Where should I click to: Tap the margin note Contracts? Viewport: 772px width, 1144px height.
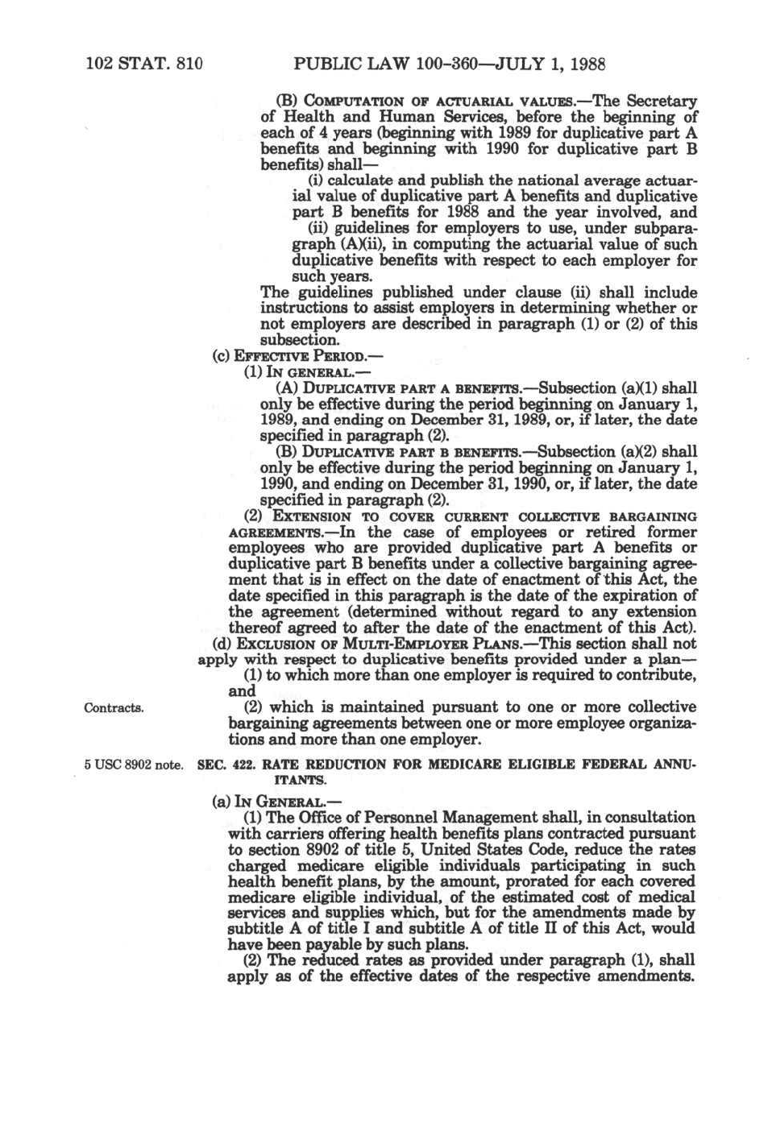(x=114, y=708)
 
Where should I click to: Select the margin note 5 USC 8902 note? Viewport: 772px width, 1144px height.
(x=134, y=765)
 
